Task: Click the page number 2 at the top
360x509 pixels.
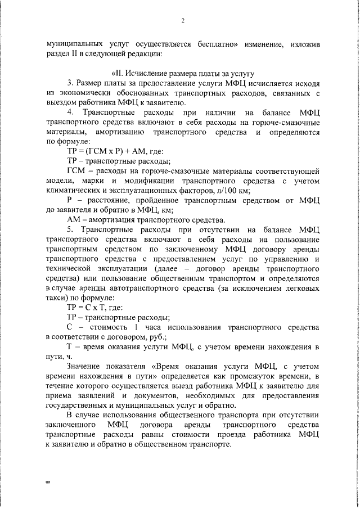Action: [x=183, y=21]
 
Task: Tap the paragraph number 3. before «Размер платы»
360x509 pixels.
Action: [x=70, y=83]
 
